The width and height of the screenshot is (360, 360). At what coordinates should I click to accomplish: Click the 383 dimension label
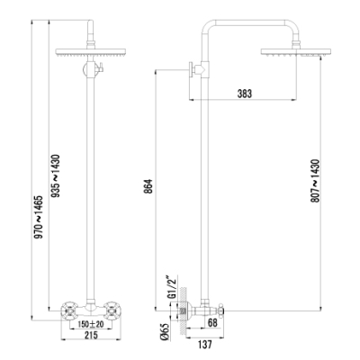245,94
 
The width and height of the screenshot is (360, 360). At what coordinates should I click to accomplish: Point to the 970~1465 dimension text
39,217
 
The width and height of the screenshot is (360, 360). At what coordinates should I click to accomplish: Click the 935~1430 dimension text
56,176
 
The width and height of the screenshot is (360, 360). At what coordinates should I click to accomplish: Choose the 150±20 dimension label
91,324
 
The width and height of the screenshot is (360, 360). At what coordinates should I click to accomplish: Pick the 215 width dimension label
91,335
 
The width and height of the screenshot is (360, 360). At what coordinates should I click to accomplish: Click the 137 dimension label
204,345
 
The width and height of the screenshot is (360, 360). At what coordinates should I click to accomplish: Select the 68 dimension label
212,323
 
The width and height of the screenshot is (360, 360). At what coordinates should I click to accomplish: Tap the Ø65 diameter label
165,332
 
